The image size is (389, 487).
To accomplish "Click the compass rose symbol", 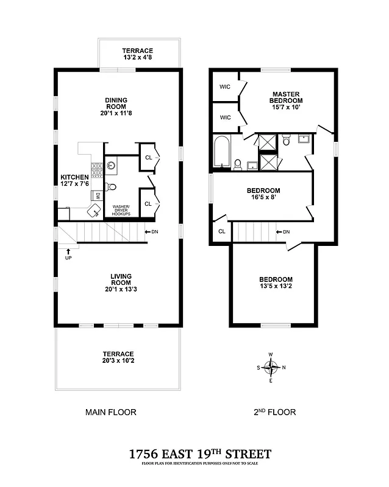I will (x=271, y=367).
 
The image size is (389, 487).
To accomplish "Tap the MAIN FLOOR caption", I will (x=110, y=412).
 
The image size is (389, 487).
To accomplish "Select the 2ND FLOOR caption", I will (x=274, y=412).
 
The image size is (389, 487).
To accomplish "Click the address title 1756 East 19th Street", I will (x=200, y=454).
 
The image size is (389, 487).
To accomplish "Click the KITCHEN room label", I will (x=74, y=180).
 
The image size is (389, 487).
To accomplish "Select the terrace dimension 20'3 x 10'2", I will (x=116, y=362).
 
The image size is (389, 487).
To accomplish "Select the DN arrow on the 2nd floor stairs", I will (x=280, y=232).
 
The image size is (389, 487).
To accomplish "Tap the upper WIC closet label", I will (x=225, y=86).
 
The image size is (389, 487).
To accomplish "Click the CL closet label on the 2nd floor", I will (x=221, y=231).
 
